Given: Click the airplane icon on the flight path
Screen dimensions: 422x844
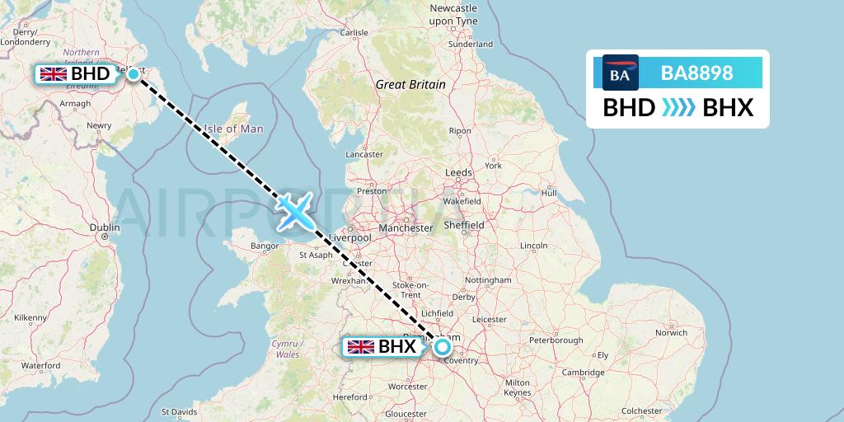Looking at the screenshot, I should pyautogui.click(x=294, y=213).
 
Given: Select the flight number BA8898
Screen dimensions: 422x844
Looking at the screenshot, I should pyautogui.click(x=696, y=73).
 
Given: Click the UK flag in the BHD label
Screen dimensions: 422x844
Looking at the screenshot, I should pyautogui.click(x=54, y=74).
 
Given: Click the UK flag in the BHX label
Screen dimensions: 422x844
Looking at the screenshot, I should pyautogui.click(x=361, y=347).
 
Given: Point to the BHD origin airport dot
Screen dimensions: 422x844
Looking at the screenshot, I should pyautogui.click(x=134, y=74).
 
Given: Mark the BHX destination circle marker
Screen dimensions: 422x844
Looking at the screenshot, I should pyautogui.click(x=443, y=347).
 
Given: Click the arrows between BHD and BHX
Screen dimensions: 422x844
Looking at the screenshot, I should pyautogui.click(x=679, y=108).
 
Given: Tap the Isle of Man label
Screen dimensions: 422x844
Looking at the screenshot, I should pyautogui.click(x=233, y=129).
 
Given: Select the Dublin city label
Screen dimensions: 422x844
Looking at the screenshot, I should pyautogui.click(x=105, y=227).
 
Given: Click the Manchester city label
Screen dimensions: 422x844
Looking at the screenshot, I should pyautogui.click(x=406, y=227).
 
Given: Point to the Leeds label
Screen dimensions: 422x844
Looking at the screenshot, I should pyautogui.click(x=457, y=173).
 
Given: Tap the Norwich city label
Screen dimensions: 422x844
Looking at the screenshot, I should pyautogui.click(x=670, y=333).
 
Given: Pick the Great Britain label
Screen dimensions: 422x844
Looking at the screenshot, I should pyautogui.click(x=410, y=84).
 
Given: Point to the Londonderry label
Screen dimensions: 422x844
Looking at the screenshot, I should pyautogui.click(x=25, y=40).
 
